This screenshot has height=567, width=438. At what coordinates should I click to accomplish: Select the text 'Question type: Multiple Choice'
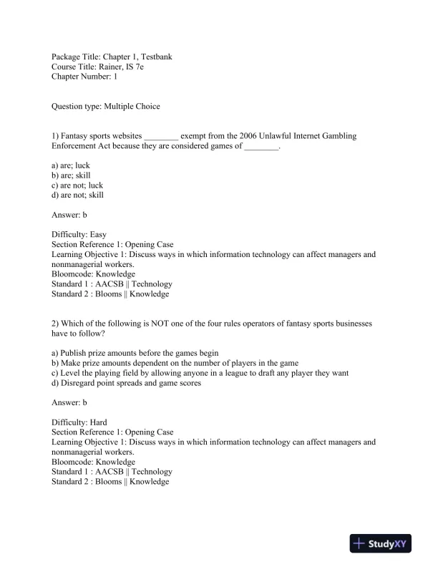click(x=106, y=107)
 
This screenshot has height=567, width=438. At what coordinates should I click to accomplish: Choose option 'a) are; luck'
click(x=71, y=165)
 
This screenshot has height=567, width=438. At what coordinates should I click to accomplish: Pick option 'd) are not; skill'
click(x=77, y=195)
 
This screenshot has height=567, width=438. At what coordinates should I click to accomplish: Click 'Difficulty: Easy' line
click(x=79, y=234)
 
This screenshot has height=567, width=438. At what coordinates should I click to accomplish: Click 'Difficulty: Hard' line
click(x=79, y=422)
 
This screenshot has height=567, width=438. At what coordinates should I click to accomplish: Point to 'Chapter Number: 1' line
click(x=85, y=76)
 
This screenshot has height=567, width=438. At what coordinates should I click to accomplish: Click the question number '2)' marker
click(x=56, y=324)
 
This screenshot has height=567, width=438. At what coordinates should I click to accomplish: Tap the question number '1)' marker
click(x=56, y=135)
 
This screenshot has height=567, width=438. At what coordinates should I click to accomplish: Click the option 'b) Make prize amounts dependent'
click(x=175, y=363)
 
